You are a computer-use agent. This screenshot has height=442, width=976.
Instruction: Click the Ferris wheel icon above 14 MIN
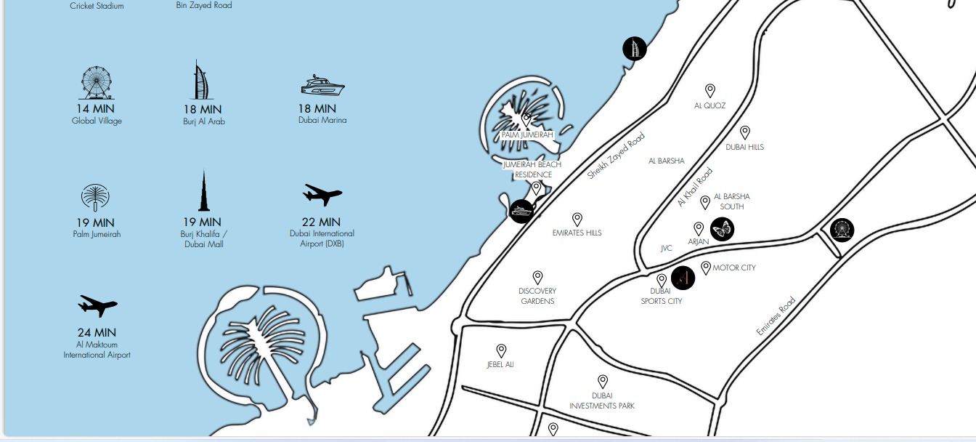tap(97, 83)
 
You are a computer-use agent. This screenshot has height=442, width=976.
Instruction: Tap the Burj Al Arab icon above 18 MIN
tap(203, 80)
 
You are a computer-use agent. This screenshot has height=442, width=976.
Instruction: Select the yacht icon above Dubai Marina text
tap(322, 86)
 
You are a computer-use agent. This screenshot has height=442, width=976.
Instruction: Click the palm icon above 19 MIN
tap(95, 198)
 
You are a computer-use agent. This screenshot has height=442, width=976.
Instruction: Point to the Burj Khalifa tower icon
tap(204, 191)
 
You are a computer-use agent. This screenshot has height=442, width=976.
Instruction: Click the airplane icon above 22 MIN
tap(322, 195)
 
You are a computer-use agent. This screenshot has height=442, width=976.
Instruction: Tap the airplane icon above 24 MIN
tap(97, 306)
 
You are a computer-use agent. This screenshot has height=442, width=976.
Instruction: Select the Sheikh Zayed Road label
tap(616, 156)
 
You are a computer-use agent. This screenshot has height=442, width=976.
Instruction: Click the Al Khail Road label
tap(695, 188)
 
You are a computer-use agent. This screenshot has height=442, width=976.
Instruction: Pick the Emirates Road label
tap(776, 316)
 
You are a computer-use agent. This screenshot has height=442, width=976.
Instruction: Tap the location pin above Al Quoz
tap(710, 90)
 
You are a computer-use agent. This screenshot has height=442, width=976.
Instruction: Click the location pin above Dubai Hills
tap(744, 132)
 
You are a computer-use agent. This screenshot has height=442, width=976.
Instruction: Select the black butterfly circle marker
tap(722, 230)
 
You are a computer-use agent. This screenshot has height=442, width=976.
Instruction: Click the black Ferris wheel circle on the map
tap(842, 230)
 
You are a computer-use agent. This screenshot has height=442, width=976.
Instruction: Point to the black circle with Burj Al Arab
tap(635, 49)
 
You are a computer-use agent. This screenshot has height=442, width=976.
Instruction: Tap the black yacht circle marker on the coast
tap(521, 212)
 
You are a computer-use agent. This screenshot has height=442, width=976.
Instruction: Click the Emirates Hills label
tap(577, 233)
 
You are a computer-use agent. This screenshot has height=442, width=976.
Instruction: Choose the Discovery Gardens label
tap(537, 296)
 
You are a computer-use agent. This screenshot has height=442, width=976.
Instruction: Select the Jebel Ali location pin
tap(501, 351)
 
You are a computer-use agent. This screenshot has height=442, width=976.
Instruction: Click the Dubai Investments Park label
tap(602, 401)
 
